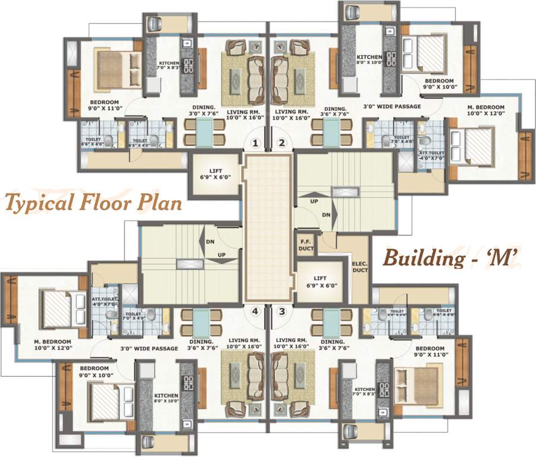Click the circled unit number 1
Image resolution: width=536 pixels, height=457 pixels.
255,143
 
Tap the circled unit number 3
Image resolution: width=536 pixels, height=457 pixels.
282,310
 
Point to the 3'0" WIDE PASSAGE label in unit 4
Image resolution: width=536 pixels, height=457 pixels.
149,348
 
